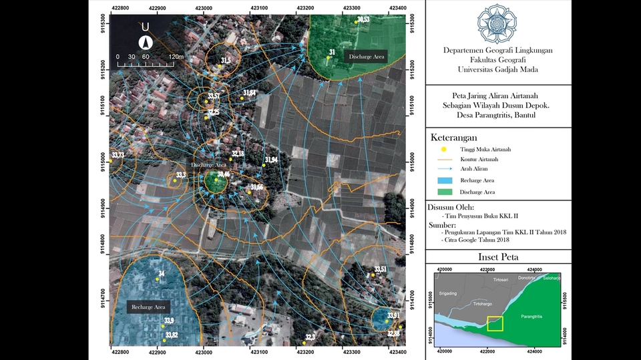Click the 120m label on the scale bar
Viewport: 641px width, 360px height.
click(x=176, y=57)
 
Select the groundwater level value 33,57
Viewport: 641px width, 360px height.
click(x=214, y=96)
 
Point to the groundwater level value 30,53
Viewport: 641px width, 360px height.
click(x=363, y=19)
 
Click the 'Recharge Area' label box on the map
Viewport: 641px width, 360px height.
click(x=148, y=307)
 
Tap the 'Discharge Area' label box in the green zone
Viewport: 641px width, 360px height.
click(x=365, y=57)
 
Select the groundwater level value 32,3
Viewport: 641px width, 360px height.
click(x=310, y=337)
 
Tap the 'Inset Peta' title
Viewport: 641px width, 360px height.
click(x=498, y=257)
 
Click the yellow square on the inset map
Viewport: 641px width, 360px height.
click(x=495, y=323)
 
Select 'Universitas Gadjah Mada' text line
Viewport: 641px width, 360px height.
click(x=497, y=69)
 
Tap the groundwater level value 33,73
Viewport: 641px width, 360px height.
click(x=118, y=155)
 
